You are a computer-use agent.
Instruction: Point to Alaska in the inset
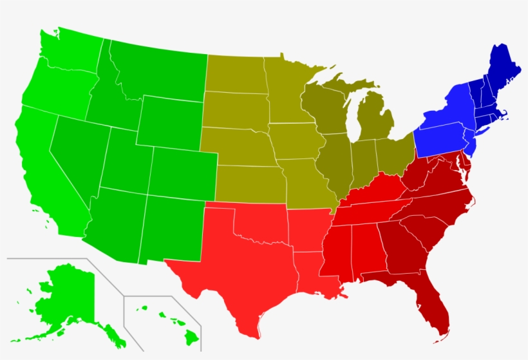[64, 296]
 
